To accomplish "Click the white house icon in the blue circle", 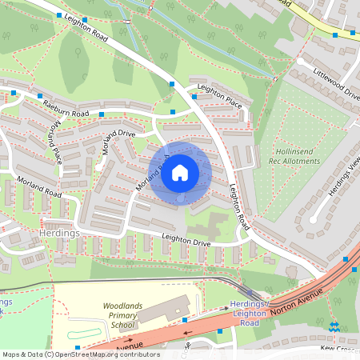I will pyautogui.click(x=180, y=172).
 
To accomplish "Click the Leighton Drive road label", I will pyautogui.click(x=186, y=238).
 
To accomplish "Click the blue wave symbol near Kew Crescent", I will pyautogui.click(x=334, y=326).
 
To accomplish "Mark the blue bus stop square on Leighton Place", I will pyautogui.click(x=194, y=97).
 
